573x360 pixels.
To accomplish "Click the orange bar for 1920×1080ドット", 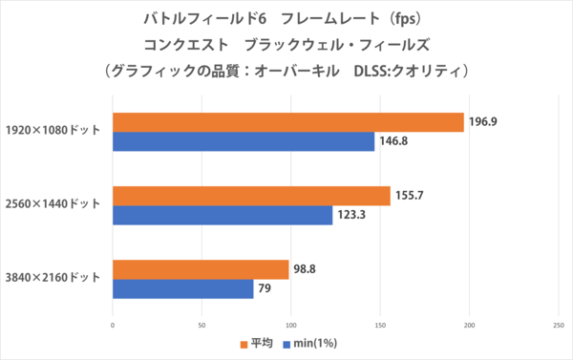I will coord(288,122).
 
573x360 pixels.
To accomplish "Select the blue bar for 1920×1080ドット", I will coord(244,142).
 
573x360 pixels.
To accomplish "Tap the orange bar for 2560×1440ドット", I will coord(251,196).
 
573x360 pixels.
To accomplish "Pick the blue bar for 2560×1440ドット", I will coord(223,216).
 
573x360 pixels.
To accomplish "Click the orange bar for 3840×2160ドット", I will coord(201,269).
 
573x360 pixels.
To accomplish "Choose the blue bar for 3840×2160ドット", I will coord(183,289).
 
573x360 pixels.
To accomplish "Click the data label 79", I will coord(265,289).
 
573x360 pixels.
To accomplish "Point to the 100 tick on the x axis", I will coord(291,327).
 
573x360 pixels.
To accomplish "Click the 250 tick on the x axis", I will coord(558,327).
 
